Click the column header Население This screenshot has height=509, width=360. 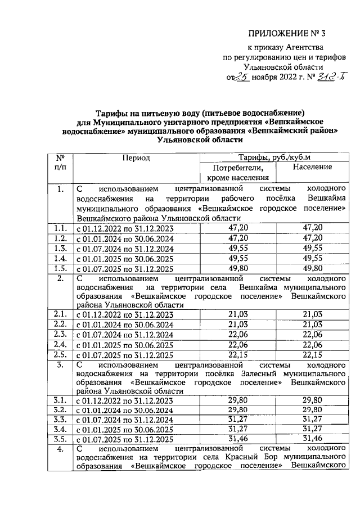[x=312, y=168]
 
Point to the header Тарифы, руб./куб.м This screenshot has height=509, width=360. [x=274, y=157]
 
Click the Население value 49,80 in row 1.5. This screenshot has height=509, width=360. [x=312, y=268]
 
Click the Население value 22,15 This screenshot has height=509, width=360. [x=312, y=354]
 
